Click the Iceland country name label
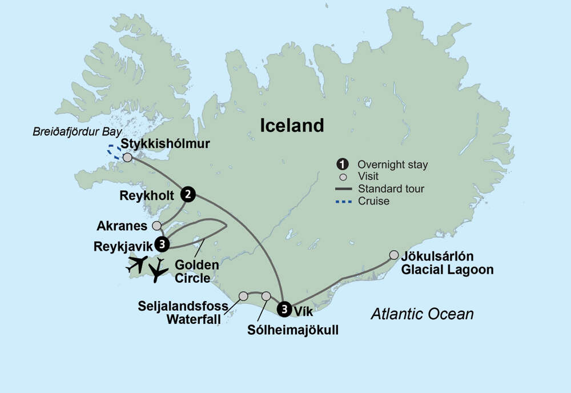(292, 125)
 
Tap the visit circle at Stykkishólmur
(127, 157)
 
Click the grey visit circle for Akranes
(156, 226)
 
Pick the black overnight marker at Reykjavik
(163, 244)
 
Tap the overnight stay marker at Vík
(284, 308)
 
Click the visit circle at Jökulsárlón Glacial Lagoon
(393, 255)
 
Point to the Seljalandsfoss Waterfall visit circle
(243, 296)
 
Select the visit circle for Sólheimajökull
(266, 296)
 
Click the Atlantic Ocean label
(422, 314)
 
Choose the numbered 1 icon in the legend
(341, 165)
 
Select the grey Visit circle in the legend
(341, 177)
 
